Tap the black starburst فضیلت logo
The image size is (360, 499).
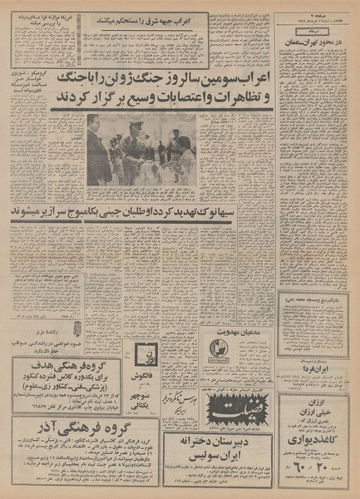point(239,408)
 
